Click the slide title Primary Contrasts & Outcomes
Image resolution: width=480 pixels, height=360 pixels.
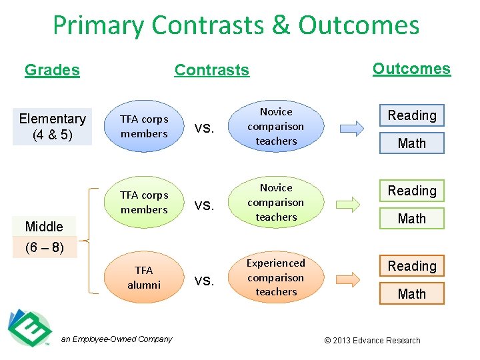(236, 26)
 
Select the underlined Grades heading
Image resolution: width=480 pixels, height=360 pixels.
(52, 70)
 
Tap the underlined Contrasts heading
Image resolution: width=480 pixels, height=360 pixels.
(211, 70)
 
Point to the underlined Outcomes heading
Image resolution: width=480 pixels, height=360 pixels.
(411, 69)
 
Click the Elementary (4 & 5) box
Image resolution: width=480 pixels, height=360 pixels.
(52, 126)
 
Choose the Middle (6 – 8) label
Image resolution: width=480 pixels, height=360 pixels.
(44, 237)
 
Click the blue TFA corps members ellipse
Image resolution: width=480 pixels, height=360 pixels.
(144, 126)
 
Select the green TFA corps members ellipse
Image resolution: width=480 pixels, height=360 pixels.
(144, 202)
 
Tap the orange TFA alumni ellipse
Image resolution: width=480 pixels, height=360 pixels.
(144, 277)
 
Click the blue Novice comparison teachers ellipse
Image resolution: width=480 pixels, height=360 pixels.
(276, 126)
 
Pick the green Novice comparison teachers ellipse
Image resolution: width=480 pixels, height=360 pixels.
(276, 202)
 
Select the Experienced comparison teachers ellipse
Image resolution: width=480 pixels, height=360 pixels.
(276, 277)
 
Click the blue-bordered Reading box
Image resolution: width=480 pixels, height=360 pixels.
(411, 115)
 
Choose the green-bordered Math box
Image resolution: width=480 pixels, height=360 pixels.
(411, 219)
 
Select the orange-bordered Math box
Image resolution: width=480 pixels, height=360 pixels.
(411, 294)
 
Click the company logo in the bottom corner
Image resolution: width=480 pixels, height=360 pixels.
(29, 328)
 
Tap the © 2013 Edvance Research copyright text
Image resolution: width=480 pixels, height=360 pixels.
(372, 341)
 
